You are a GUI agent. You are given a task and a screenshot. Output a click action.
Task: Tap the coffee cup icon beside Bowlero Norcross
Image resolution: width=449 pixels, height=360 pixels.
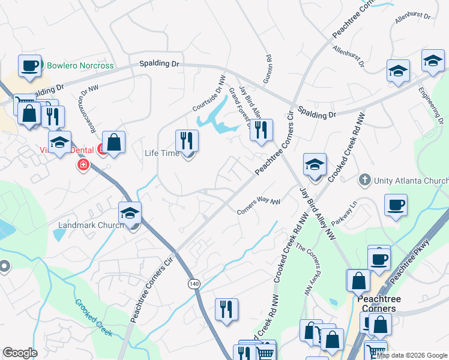29,65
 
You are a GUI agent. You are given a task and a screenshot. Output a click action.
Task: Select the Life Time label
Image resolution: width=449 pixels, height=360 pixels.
162,153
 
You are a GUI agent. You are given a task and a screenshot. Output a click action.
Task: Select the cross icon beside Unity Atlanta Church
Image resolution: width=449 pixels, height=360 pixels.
364,179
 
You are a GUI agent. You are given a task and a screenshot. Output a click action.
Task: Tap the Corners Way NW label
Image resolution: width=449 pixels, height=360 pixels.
259,206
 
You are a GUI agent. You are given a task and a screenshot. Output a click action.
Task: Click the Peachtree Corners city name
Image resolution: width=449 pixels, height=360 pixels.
376,304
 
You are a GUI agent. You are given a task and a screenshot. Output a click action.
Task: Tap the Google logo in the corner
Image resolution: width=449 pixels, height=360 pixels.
20,353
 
